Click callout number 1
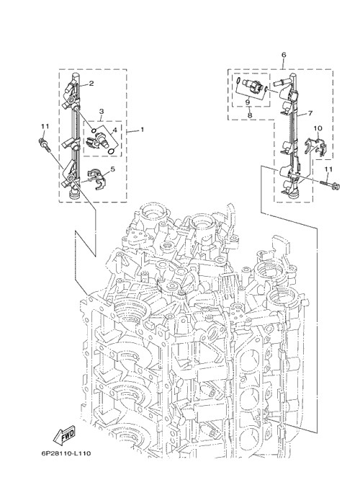tap(142, 130)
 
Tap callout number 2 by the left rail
tap(91, 84)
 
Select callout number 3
tap(102, 112)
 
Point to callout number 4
tap(114, 130)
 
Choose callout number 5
tap(112, 169)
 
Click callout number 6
tap(284, 55)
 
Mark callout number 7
tap(310, 113)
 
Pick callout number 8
tap(250, 115)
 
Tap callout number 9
tap(248, 102)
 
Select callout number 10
tap(318, 128)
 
